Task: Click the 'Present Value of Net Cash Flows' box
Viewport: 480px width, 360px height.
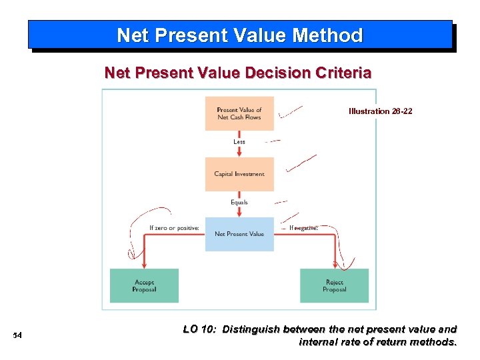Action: [x=239, y=113]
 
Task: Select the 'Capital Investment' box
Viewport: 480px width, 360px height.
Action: [x=239, y=174]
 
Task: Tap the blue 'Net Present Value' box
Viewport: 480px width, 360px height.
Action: [x=239, y=234]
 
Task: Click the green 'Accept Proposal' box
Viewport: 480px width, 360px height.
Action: [x=144, y=285]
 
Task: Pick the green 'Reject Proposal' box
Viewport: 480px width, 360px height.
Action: [x=334, y=285]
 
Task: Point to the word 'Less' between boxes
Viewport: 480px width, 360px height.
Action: [x=239, y=141]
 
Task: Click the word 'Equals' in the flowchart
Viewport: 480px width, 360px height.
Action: [x=239, y=202]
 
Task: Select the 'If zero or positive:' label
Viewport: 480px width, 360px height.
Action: [x=174, y=228]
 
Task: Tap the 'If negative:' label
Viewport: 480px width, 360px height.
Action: [x=303, y=228]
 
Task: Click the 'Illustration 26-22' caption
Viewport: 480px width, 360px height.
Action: [x=380, y=111]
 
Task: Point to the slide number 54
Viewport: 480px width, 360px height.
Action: [x=17, y=335]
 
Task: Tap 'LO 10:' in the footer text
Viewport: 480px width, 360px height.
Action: [x=199, y=329]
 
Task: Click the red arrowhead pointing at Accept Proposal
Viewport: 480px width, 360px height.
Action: [x=144, y=265]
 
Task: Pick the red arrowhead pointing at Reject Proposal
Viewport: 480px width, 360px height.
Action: [x=334, y=265]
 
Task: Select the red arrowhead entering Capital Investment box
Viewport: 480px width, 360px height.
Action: [x=239, y=154]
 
